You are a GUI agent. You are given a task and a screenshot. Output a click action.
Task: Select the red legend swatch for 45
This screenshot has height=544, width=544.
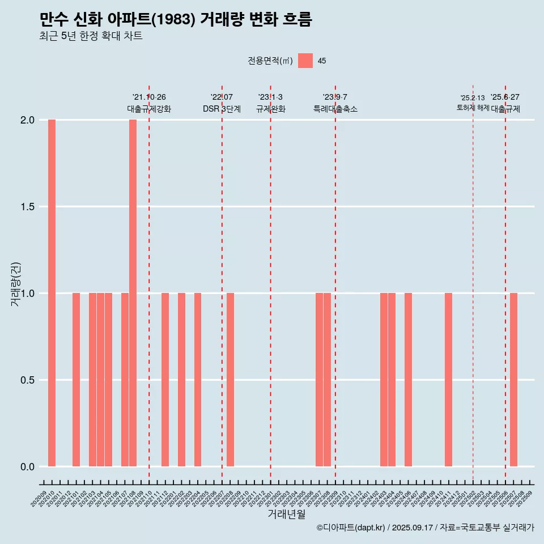click(305, 61)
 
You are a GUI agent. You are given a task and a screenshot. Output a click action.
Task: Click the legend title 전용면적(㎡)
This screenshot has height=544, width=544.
click(270, 61)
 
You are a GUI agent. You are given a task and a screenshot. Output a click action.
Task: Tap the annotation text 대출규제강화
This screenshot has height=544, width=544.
click(149, 109)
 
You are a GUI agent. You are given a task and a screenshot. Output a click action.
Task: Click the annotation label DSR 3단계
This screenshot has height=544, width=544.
click(222, 109)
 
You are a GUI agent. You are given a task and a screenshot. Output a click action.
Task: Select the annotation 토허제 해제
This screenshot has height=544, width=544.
click(473, 108)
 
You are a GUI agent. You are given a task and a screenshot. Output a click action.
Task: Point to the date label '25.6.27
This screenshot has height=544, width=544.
click(505, 97)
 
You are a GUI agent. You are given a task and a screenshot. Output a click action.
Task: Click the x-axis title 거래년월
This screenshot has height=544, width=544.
click(286, 515)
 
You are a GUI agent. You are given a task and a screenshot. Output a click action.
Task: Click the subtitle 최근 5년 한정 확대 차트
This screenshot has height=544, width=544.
click(91, 36)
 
